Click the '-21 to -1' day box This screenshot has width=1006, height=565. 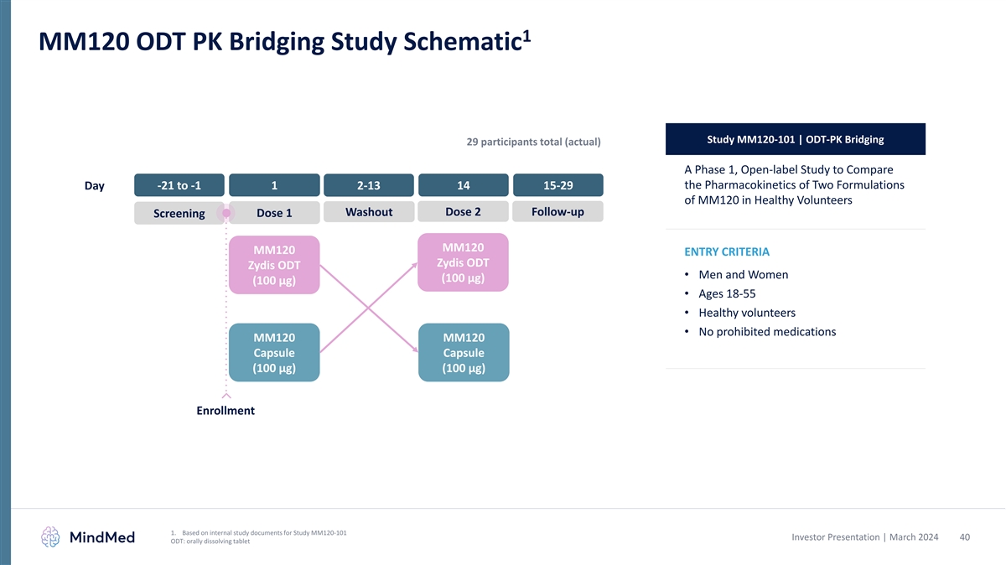point(179,185)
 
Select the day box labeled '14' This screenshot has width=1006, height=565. point(464,185)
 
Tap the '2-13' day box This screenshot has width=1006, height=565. point(369,185)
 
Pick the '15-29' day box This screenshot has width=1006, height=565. point(558,185)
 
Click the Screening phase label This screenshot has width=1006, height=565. point(179,213)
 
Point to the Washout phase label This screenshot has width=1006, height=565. point(369,212)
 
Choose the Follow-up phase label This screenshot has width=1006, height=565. point(558,212)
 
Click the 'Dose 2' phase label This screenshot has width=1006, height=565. point(464,212)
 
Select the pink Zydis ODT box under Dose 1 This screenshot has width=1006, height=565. point(274,265)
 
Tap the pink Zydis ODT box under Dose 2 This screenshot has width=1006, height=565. point(464,262)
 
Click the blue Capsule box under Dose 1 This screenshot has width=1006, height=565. point(274,353)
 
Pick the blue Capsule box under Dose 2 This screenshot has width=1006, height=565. point(464,353)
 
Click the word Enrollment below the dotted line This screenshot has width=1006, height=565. point(226,411)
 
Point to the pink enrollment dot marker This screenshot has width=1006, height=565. point(226,213)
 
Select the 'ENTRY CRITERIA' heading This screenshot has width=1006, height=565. point(727,252)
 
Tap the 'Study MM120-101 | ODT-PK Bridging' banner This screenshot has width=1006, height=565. point(795,139)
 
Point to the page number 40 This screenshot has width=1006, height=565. point(964,536)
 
